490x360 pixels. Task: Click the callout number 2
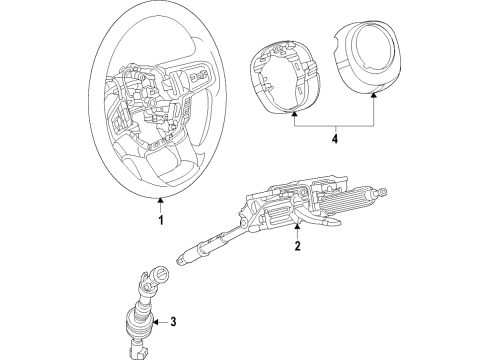[297, 246]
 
